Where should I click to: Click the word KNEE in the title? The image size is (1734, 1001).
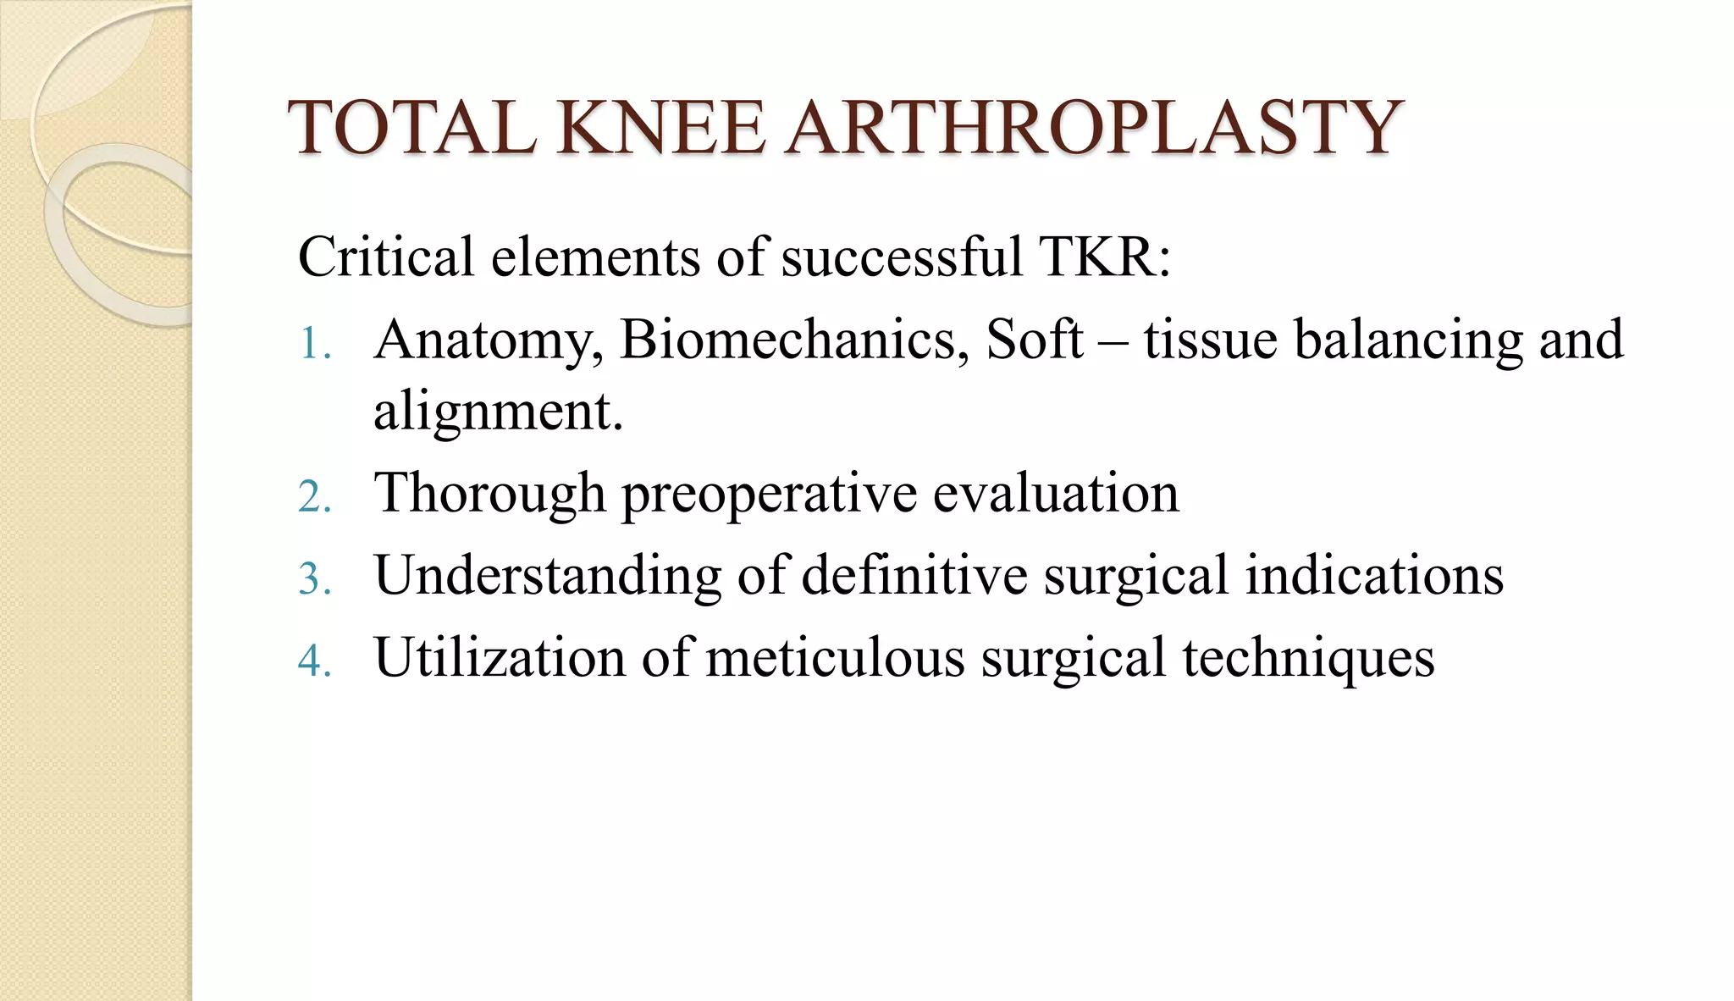660,129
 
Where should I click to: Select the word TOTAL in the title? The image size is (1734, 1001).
413,129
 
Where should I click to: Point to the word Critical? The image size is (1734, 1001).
385,257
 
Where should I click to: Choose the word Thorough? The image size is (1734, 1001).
490,493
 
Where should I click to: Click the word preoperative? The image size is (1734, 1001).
769,495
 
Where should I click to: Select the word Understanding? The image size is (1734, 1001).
548,576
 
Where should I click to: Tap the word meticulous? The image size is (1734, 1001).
834,657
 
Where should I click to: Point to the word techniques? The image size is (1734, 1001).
1308,659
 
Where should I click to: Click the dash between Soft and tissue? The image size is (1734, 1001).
1113,342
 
